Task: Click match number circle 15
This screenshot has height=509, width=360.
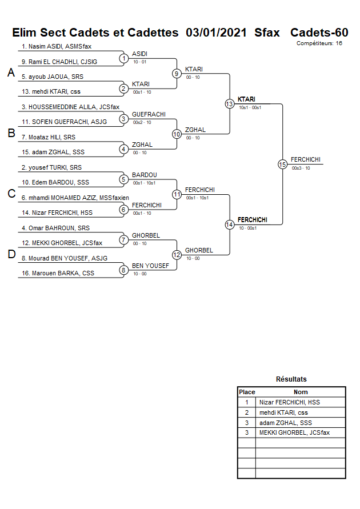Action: pyautogui.click(x=282, y=165)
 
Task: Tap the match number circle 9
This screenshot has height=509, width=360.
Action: pyautogui.click(x=177, y=73)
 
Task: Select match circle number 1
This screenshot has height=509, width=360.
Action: pyautogui.click(x=123, y=58)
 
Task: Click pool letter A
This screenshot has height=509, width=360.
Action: pyautogui.click(x=11, y=73)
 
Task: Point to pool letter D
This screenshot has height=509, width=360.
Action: pyautogui.click(x=11, y=255)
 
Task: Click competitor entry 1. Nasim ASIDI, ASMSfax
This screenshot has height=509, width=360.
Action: pyautogui.click(x=57, y=46)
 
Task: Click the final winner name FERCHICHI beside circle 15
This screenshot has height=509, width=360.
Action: pyautogui.click(x=305, y=159)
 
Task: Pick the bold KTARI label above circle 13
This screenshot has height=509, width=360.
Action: pyautogui.click(x=246, y=99)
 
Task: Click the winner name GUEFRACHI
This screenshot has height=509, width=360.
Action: pyautogui.click(x=149, y=114)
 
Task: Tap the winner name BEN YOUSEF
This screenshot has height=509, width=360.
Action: pyautogui.click(x=150, y=266)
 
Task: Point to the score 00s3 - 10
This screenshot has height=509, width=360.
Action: pyautogui.click(x=301, y=168)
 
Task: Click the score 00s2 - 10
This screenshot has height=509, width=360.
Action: pyautogui.click(x=142, y=122)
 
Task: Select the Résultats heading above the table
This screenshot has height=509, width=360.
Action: pyautogui.click(x=291, y=379)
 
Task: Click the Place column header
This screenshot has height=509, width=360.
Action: pyautogui.click(x=247, y=392)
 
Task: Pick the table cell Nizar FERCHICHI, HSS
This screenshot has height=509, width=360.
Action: pyautogui.click(x=289, y=402)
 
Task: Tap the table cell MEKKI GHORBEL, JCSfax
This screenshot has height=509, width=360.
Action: pyautogui.click(x=294, y=433)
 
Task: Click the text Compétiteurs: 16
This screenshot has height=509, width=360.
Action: pyautogui.click(x=319, y=43)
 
